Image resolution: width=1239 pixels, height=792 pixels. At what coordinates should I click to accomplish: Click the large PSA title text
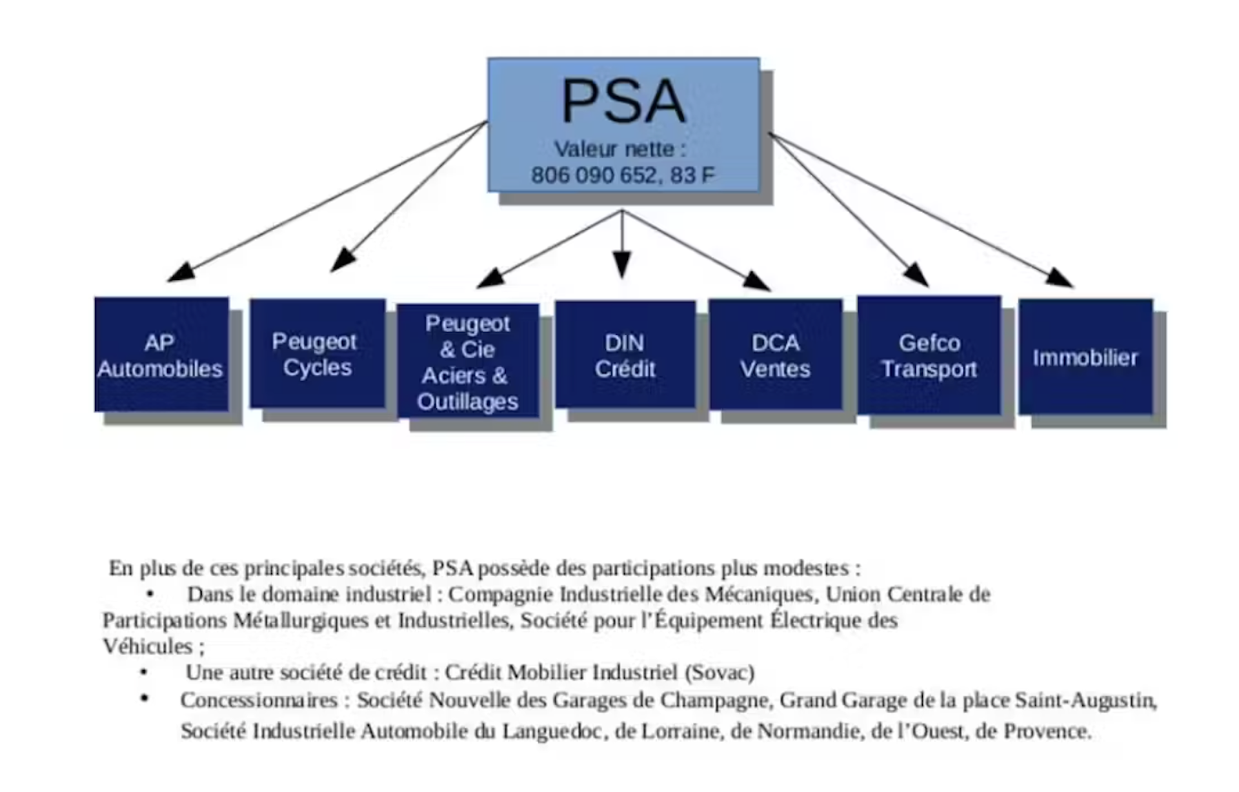coord(623,101)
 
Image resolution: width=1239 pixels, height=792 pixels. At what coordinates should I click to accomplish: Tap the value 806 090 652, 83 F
coord(623,175)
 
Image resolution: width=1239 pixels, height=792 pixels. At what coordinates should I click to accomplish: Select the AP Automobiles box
coord(161,355)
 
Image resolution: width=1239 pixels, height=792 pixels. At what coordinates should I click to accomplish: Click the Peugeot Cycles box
coord(317,353)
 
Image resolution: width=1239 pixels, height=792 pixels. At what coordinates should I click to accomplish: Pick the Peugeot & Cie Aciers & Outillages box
coord(468,361)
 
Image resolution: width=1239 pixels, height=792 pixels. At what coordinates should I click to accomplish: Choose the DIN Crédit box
coord(625,355)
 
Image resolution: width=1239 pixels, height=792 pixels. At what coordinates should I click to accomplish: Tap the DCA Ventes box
coord(775,355)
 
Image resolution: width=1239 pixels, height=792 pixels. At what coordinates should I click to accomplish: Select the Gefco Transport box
coord(929,355)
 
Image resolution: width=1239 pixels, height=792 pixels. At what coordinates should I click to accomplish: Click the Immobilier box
coord(1085,357)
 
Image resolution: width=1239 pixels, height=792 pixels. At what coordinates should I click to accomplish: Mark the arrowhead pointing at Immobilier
coord(1060,278)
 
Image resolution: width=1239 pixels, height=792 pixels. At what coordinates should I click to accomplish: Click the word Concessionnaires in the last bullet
coord(259,700)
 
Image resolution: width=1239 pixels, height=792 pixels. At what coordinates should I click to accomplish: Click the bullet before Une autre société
coord(144,673)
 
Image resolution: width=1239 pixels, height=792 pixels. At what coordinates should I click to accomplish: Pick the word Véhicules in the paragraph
coord(148,646)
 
